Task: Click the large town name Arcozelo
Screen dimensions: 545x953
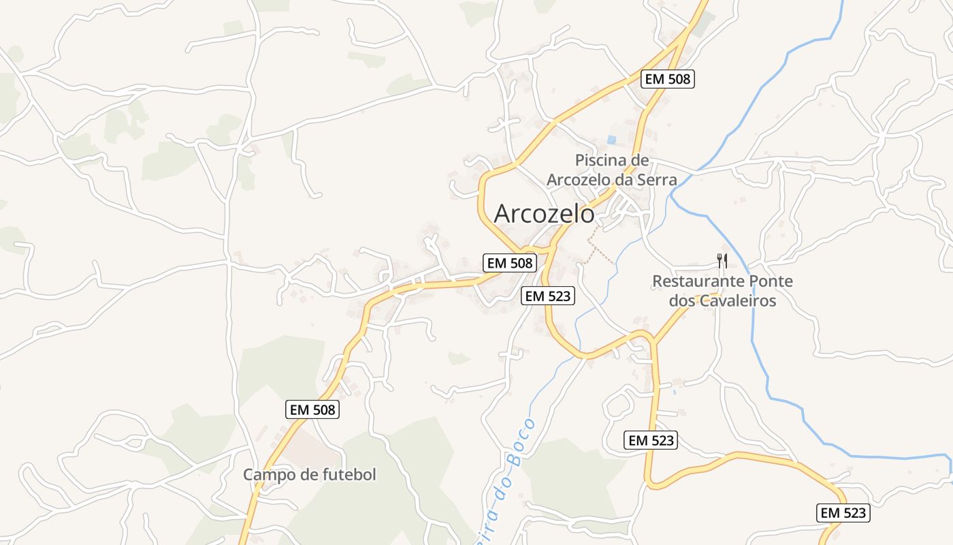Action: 544,214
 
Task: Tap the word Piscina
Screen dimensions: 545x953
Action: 602,161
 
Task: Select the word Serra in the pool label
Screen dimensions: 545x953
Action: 657,180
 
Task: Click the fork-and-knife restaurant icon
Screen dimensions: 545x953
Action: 722,260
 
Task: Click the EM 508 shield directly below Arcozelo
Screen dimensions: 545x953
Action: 510,263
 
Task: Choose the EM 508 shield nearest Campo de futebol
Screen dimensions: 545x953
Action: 311,409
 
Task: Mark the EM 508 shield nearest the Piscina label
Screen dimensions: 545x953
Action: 667,79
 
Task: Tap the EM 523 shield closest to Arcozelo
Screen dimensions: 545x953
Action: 548,296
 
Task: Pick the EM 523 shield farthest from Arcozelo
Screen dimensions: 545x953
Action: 843,513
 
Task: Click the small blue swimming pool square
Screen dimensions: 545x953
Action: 611,140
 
